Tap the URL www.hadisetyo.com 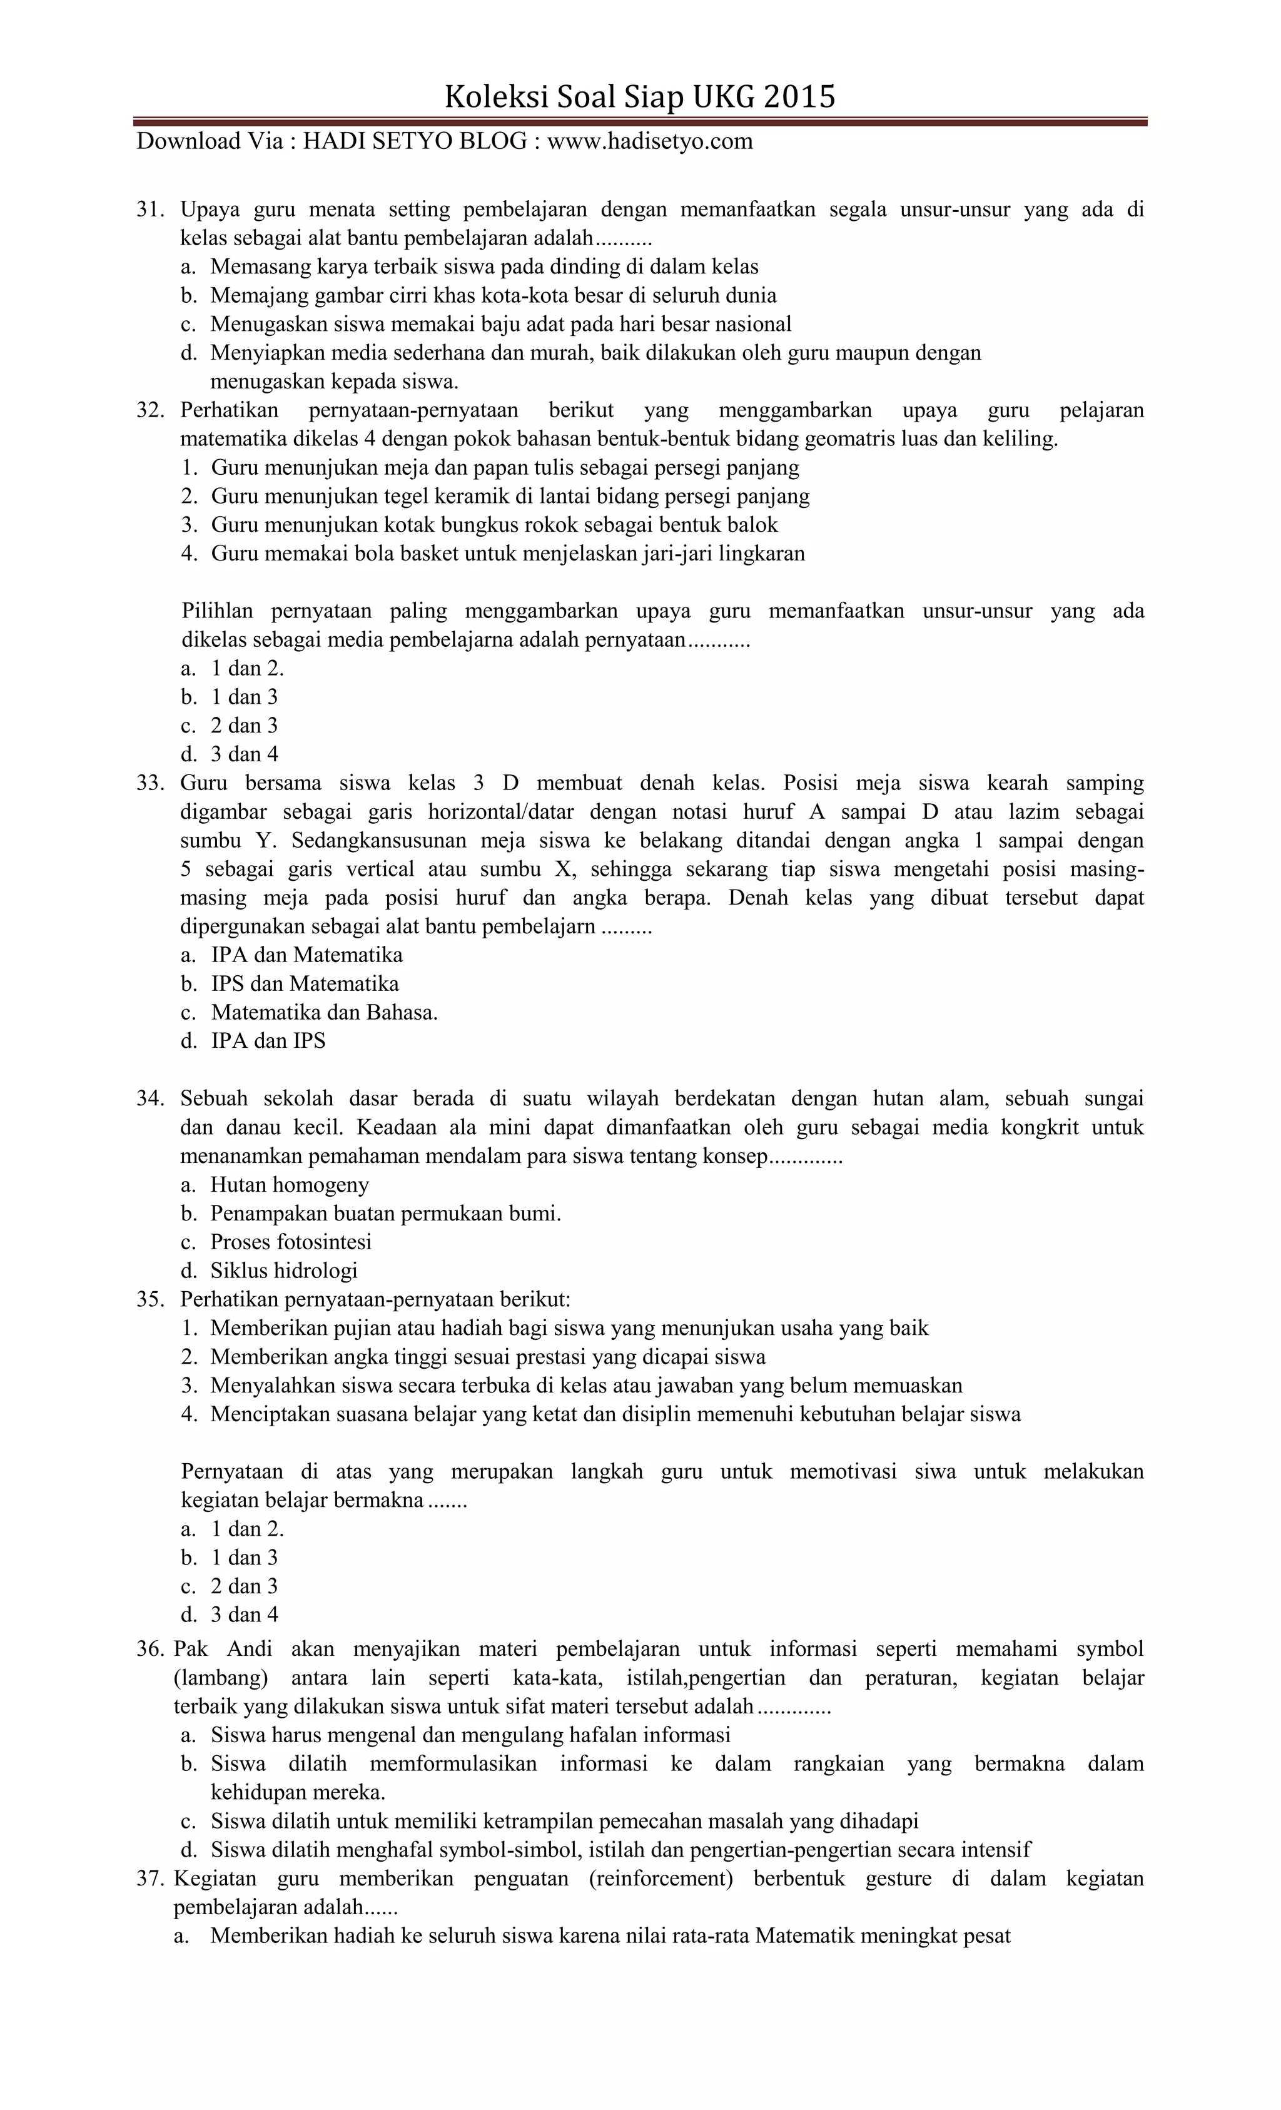click(649, 141)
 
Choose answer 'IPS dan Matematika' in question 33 click(305, 983)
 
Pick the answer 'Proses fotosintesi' click(290, 1242)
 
